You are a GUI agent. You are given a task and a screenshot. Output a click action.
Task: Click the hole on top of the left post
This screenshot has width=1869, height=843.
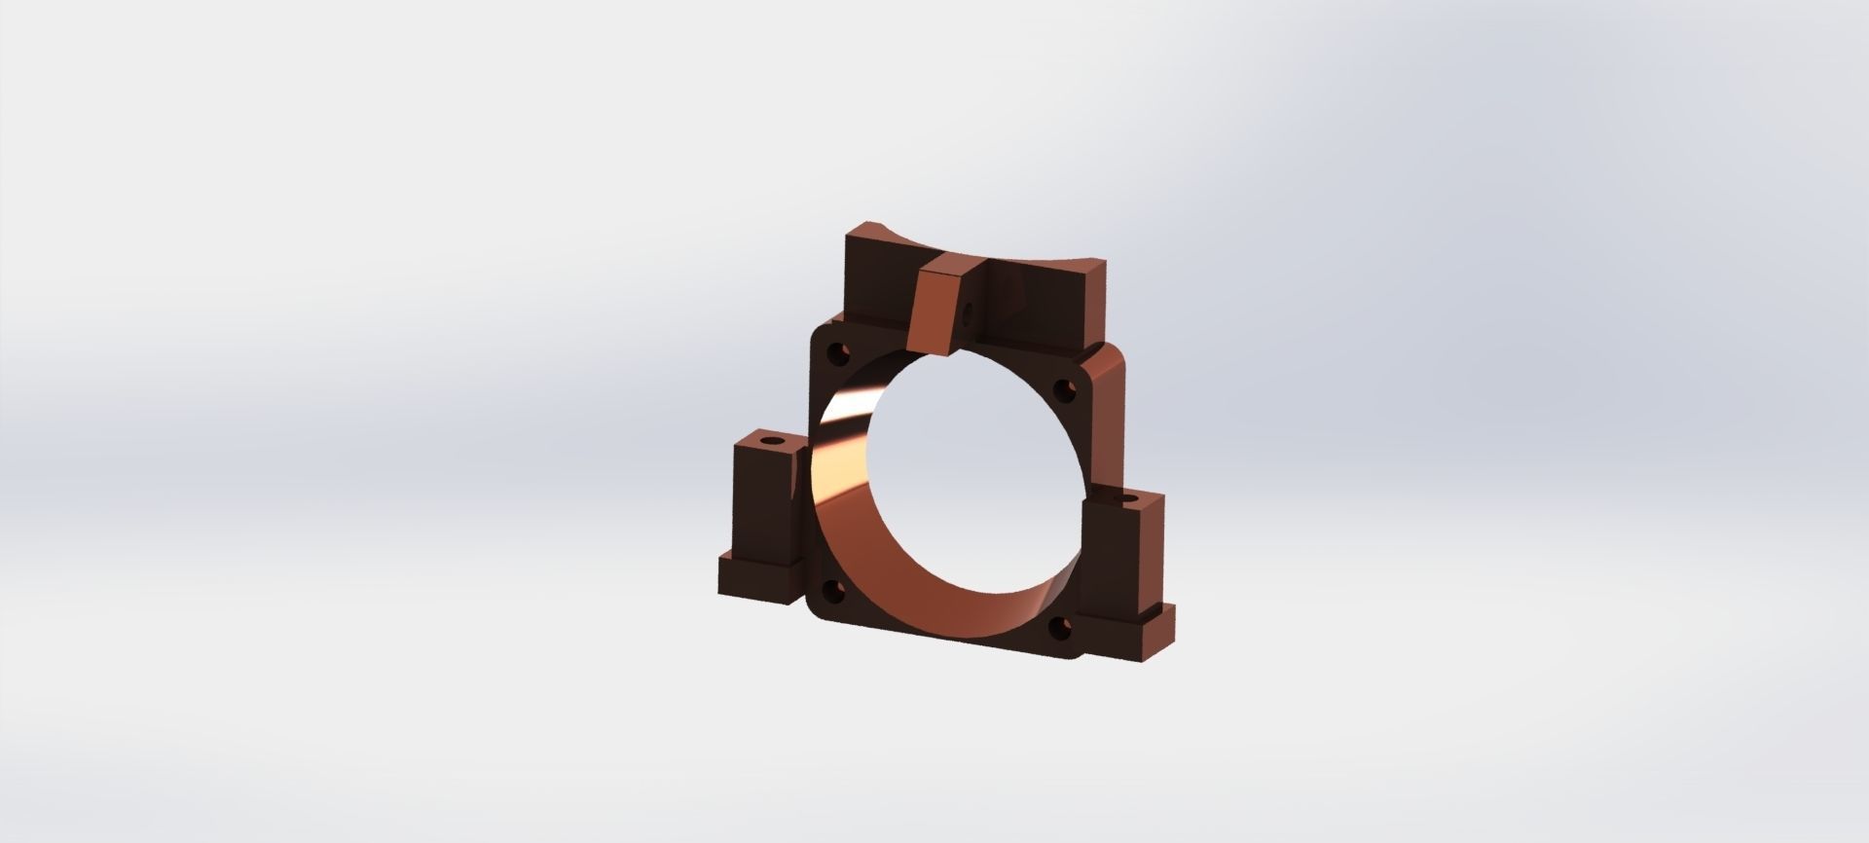tap(773, 441)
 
